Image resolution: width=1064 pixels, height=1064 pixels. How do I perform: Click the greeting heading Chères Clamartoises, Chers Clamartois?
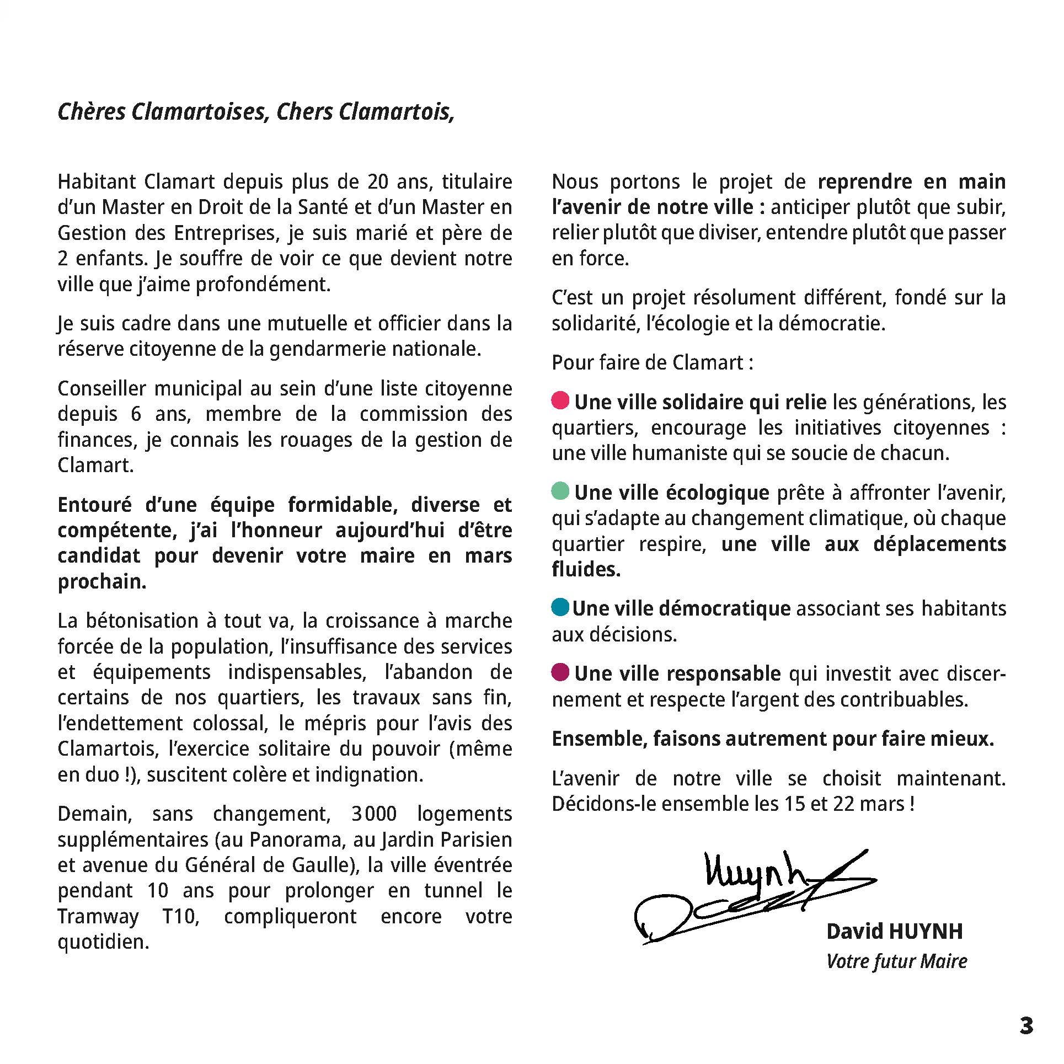(x=256, y=112)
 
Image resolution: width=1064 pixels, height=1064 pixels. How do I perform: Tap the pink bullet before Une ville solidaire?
(x=560, y=400)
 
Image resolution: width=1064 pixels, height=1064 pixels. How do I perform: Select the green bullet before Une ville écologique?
(x=560, y=490)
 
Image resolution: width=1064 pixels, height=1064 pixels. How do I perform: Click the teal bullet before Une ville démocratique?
(x=560, y=607)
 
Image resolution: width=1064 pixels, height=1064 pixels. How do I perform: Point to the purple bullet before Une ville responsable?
(x=560, y=672)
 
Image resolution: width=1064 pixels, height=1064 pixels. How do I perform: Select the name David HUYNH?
(x=894, y=931)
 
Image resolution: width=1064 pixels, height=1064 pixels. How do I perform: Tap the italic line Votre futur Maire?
(x=896, y=961)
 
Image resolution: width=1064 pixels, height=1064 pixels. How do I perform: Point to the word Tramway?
(x=98, y=916)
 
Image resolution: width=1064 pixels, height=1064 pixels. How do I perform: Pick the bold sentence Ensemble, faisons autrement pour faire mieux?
(x=773, y=739)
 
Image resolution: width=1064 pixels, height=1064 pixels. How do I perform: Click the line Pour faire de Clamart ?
(x=653, y=362)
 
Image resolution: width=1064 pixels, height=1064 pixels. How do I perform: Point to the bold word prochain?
(x=102, y=582)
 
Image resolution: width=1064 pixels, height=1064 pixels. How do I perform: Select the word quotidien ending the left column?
(x=103, y=942)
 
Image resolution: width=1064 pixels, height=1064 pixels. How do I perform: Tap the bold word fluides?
(x=586, y=569)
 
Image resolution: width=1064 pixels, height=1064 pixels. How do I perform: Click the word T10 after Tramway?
(x=181, y=916)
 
